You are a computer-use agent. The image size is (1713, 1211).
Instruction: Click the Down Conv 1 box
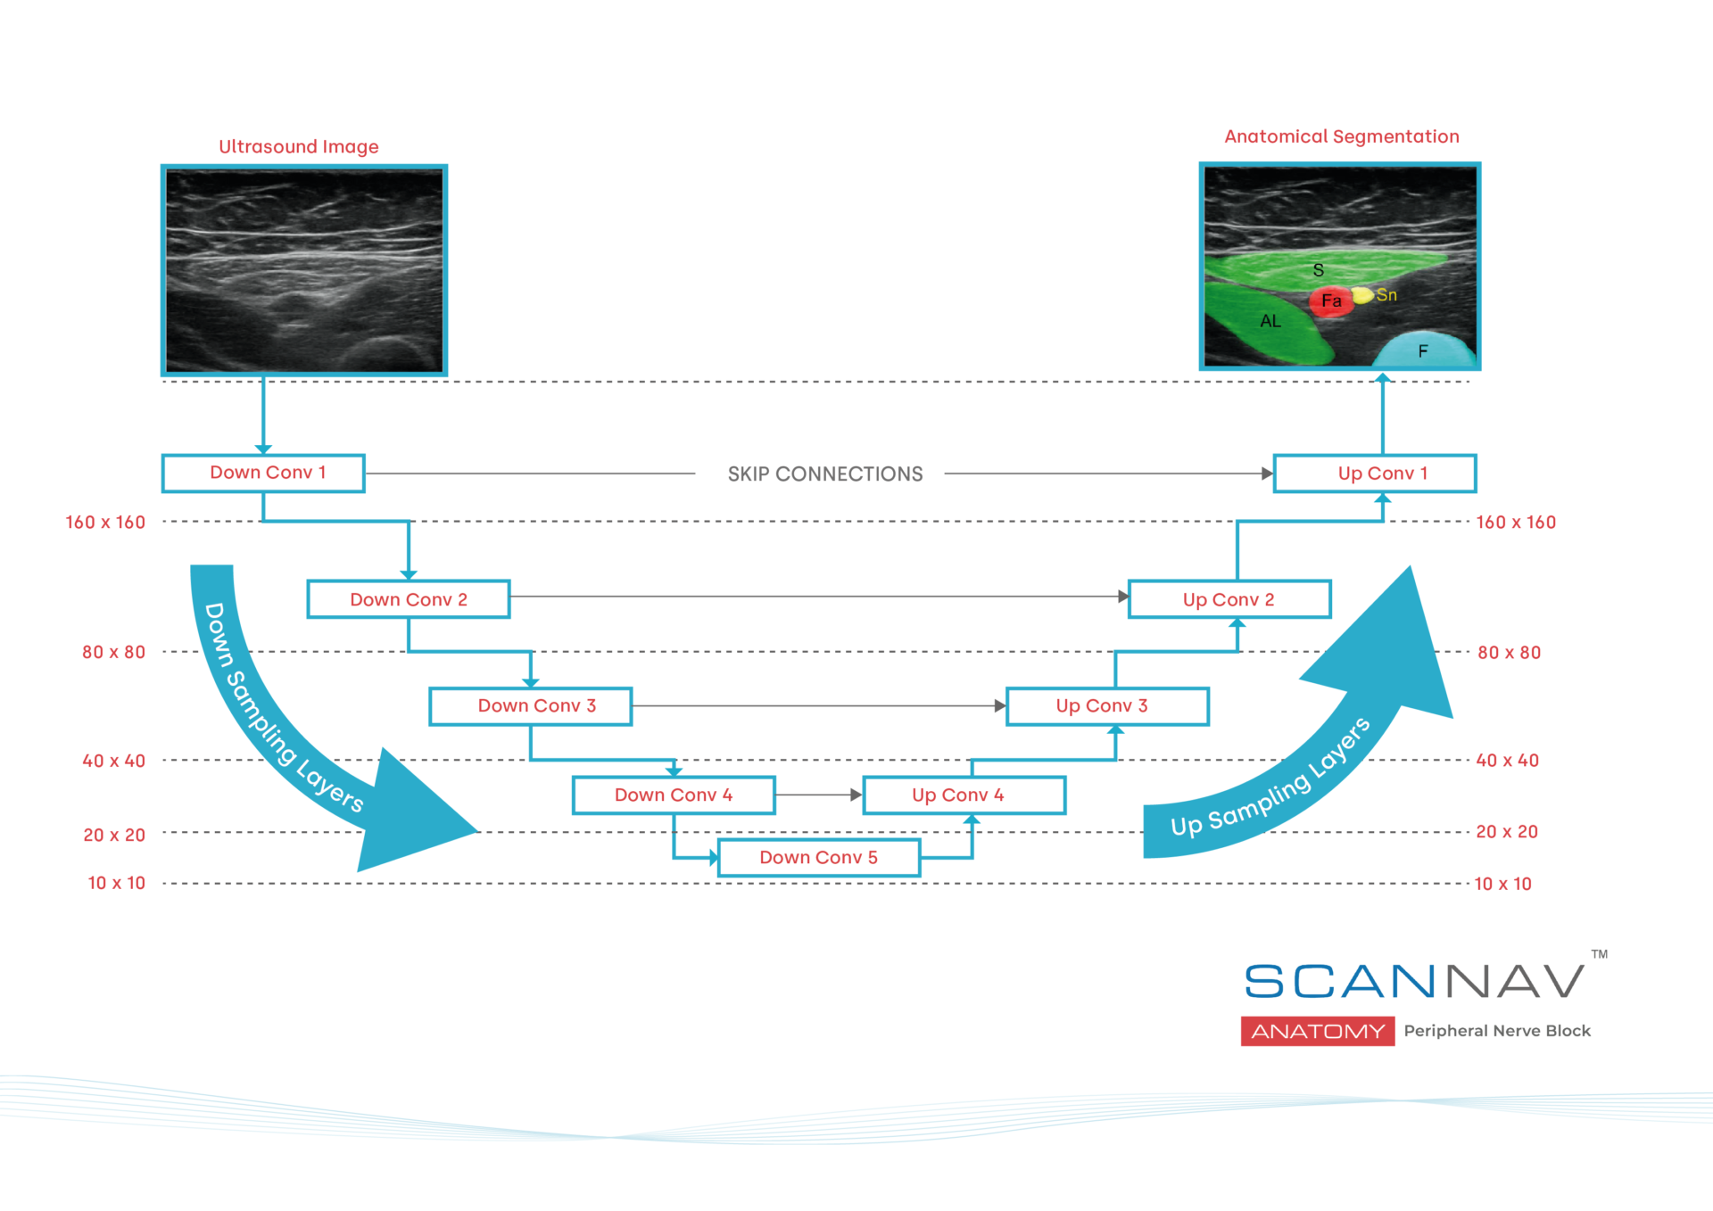point(263,473)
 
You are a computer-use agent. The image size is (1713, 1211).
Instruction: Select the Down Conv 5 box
point(818,857)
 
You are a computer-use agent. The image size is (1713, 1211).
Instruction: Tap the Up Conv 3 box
point(1106,705)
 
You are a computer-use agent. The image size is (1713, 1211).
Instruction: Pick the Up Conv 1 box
point(1374,474)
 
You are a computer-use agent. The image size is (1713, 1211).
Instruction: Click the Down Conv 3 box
point(531,705)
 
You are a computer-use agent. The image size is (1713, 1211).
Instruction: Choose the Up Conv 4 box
point(964,795)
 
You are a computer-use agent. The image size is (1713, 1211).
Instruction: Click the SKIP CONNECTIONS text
point(824,474)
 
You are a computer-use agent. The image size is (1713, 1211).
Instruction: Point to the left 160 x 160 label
point(105,523)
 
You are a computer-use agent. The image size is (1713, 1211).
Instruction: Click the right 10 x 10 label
point(1502,884)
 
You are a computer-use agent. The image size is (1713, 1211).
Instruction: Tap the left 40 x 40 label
point(113,761)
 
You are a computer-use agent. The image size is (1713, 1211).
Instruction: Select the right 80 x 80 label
point(1509,653)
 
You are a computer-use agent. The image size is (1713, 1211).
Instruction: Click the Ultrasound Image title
point(299,146)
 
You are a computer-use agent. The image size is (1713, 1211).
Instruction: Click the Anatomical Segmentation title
point(1341,136)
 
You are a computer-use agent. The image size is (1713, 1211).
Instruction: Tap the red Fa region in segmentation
point(1329,301)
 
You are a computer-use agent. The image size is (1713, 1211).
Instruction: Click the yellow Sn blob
point(1362,295)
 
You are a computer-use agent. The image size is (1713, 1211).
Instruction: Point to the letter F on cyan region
point(1423,351)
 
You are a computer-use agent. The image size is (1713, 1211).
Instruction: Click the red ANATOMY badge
point(1317,1031)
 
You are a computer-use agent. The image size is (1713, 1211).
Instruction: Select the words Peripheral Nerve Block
point(1496,1031)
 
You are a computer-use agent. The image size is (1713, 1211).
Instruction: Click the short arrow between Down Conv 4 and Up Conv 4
point(817,795)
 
